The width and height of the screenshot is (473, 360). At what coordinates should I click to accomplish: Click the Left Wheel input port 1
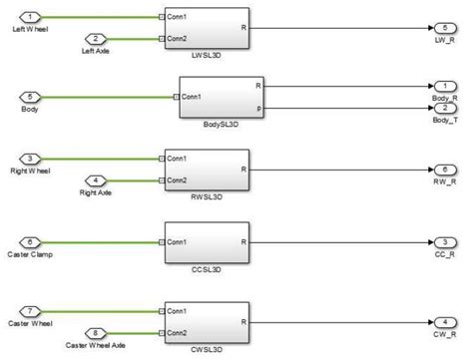(x=31, y=17)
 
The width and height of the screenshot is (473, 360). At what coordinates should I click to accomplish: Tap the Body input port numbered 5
(x=31, y=97)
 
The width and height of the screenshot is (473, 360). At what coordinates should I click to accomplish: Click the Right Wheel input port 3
(x=31, y=158)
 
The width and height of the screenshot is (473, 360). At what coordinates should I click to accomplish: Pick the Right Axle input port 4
(x=97, y=180)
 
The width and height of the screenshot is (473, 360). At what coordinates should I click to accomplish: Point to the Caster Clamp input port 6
(x=31, y=241)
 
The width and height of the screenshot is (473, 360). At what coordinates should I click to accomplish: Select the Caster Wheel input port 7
(x=31, y=309)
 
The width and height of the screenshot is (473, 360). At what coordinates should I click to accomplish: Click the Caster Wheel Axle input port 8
(x=97, y=332)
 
